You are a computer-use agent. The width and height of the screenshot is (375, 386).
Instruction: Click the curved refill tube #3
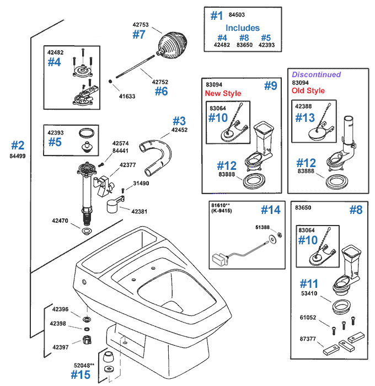[157, 150]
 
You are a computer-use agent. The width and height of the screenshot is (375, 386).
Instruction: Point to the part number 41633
[127, 95]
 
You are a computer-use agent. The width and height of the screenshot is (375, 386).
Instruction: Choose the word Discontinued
[316, 74]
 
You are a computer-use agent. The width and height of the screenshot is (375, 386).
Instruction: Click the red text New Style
[223, 93]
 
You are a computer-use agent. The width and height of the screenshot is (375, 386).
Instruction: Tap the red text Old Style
[308, 90]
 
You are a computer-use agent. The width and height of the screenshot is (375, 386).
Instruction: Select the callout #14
[270, 210]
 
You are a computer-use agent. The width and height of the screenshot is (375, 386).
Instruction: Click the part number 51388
[262, 227]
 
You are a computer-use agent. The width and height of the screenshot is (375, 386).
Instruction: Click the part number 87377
[308, 340]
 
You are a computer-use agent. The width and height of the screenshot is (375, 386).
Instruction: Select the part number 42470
[60, 221]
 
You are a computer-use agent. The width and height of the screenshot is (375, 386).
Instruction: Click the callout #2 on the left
[18, 145]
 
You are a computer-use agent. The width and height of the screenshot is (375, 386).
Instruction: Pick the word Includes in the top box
[242, 28]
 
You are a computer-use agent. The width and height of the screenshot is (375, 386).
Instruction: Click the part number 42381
[140, 211]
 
